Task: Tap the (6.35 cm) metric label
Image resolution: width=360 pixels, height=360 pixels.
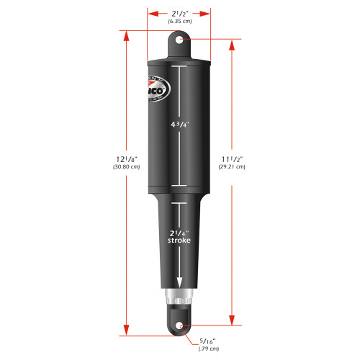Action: coord(179,22)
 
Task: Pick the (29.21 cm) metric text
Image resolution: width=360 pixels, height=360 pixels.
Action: coord(232,167)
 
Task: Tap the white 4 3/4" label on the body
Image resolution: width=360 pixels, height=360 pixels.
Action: coord(179,125)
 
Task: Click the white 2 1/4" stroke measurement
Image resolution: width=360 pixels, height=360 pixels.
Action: coord(179,233)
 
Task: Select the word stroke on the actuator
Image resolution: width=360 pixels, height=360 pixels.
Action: coord(179,241)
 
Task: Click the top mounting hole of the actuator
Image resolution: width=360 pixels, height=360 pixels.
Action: coord(179,41)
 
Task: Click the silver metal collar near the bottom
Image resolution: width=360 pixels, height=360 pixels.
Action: coord(179,295)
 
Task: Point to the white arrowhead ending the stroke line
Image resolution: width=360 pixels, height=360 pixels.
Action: coord(179,285)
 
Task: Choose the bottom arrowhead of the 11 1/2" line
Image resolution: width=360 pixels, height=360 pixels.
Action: coord(232,320)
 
